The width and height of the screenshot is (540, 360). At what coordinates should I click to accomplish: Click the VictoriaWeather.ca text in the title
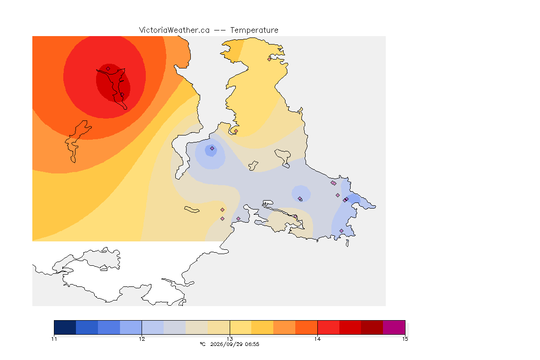174,30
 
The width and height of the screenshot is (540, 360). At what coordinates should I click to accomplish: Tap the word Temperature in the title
254,30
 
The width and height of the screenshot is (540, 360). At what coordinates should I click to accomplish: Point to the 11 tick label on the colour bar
54,339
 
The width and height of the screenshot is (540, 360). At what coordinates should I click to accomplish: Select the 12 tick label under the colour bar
142,339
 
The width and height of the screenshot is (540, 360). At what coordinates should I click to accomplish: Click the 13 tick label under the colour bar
230,339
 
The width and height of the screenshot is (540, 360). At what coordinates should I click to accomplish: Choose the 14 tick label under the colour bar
317,339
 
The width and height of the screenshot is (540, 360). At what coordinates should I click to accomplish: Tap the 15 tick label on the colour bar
405,339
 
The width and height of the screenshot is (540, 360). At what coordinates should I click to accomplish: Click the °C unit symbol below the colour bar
202,344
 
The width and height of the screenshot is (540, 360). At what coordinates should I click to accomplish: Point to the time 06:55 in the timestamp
252,344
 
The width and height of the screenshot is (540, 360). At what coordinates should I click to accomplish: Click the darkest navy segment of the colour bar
65,327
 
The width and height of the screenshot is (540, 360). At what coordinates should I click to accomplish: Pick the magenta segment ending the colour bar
394,327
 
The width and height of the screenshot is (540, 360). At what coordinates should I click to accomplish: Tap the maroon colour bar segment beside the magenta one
372,327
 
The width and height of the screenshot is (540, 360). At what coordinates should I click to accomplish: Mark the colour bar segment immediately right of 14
329,327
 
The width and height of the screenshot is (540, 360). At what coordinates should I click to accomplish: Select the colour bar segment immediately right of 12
153,327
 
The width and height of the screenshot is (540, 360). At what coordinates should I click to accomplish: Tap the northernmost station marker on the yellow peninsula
270,59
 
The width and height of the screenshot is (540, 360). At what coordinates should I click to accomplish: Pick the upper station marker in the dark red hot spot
108,69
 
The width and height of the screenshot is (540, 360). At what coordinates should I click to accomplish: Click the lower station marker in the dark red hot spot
122,95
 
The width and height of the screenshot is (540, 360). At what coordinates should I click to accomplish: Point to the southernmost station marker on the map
341,231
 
